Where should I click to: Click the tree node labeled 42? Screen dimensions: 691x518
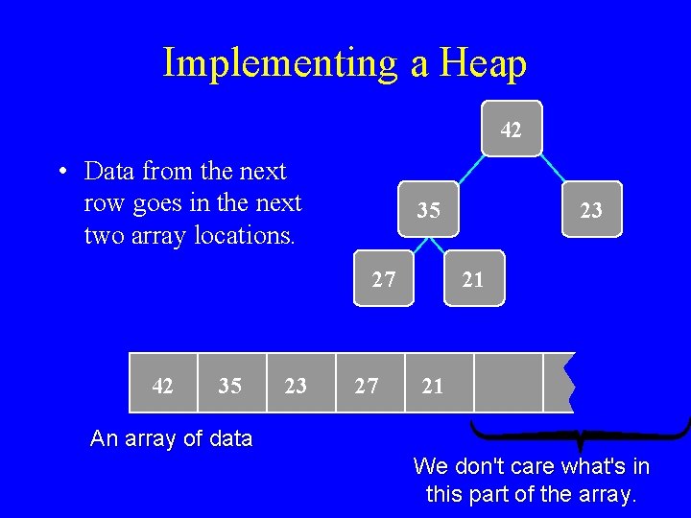click(512, 129)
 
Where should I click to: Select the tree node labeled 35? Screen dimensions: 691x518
click(429, 209)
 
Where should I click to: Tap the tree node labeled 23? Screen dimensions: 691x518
click(591, 209)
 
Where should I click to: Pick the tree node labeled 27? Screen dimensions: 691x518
click(383, 279)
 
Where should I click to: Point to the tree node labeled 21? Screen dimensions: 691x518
click(473, 279)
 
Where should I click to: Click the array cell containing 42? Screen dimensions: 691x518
click(163, 385)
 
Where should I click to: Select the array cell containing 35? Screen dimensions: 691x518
click(230, 385)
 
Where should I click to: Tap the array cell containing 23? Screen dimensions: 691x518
click(297, 385)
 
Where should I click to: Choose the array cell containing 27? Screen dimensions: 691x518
click(367, 385)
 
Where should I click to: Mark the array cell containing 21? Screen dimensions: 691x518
click(434, 385)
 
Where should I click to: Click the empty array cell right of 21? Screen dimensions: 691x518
click(508, 384)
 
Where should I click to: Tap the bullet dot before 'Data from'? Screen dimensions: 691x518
click(61, 173)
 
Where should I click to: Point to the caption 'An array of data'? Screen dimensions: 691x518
click(171, 439)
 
